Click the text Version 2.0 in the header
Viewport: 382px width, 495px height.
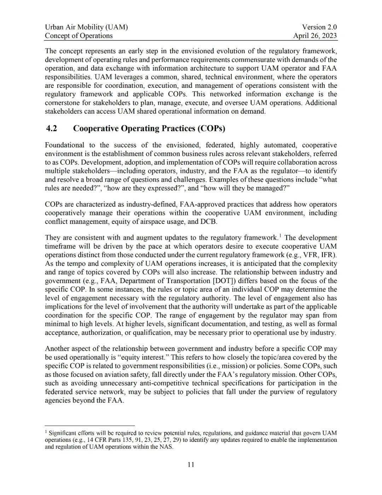[x=319, y=27]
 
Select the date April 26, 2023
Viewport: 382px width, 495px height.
[x=315, y=35]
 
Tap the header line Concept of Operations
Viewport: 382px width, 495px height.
[x=79, y=35]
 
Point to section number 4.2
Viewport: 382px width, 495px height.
[x=52, y=128]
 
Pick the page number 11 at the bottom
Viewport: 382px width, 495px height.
[x=191, y=465]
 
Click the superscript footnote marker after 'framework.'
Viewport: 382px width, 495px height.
[x=280, y=235]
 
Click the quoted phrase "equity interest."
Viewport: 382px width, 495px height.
[x=147, y=357]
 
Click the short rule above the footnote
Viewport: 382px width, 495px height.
[x=90, y=425]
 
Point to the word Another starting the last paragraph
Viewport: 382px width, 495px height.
[x=58, y=349]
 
